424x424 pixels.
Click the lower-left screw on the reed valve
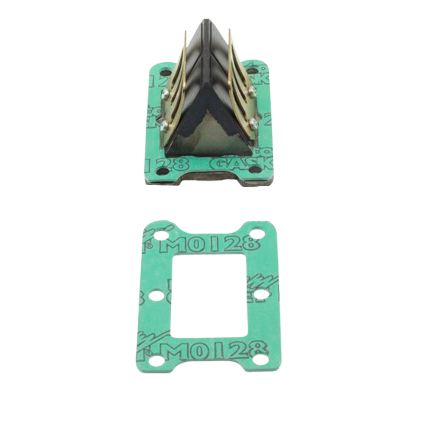[x=165, y=124]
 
